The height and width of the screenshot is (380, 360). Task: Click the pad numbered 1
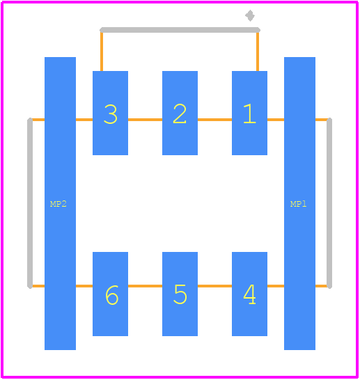(249, 113)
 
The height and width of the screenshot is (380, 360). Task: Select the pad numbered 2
(180, 113)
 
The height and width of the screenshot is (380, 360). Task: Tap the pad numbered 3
(110, 113)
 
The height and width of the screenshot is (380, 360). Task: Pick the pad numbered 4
(249, 294)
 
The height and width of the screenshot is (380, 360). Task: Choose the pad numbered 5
(180, 294)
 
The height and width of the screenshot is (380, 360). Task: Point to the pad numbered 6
(110, 294)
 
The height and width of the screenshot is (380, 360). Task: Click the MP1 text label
(299, 204)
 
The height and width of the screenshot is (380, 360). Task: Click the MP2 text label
(58, 204)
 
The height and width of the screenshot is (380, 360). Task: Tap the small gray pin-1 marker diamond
(250, 16)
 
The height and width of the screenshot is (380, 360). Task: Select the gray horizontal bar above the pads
(180, 30)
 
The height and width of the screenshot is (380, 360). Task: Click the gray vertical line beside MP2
(30, 203)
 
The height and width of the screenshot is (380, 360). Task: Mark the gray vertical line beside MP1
(329, 203)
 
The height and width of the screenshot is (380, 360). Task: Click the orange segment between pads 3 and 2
(146, 120)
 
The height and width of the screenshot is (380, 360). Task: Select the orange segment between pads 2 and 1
(214, 120)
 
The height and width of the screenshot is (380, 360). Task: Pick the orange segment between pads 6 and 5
(146, 286)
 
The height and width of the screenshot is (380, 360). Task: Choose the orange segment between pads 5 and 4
(214, 286)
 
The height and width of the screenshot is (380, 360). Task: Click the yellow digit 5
(180, 294)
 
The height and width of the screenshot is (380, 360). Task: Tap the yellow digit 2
(180, 113)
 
